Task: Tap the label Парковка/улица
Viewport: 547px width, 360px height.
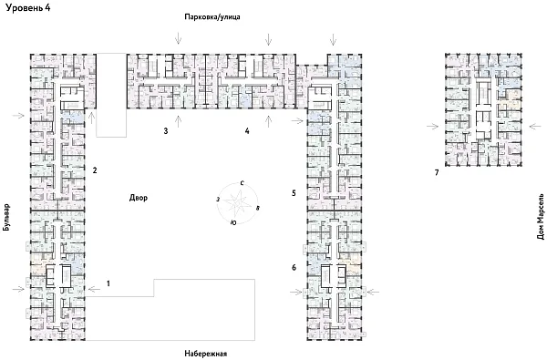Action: click(x=212, y=19)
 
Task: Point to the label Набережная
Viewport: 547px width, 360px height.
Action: click(x=201, y=352)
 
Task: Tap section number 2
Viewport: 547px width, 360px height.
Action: click(x=94, y=170)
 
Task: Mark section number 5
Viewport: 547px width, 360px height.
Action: click(x=294, y=193)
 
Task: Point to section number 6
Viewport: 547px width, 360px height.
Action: click(x=294, y=267)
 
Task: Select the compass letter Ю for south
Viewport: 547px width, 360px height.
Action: click(x=234, y=223)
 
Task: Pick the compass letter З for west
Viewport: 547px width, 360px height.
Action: click(x=217, y=198)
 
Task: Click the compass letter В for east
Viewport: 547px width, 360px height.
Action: click(x=258, y=209)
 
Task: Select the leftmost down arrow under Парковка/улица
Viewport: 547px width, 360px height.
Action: click(x=179, y=37)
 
